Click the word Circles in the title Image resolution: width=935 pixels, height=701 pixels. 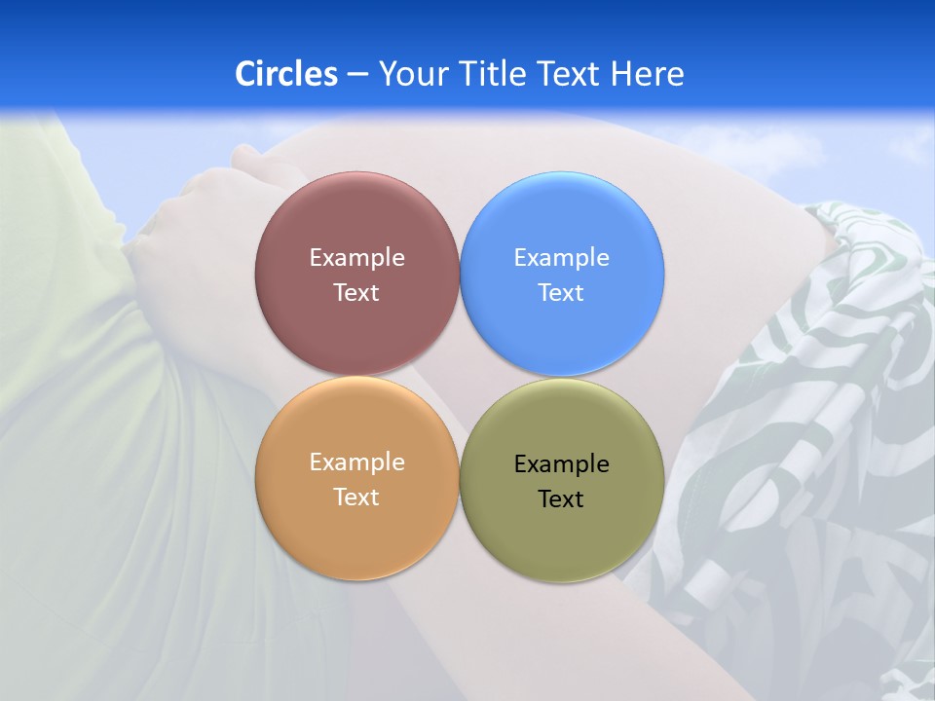pyautogui.click(x=285, y=74)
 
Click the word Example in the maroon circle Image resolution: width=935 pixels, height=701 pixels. pyautogui.click(x=356, y=258)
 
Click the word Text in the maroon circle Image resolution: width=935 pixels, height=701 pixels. pyautogui.click(x=356, y=292)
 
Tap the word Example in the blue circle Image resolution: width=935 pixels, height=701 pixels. pyautogui.click(x=561, y=258)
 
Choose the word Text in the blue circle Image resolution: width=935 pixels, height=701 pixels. pyautogui.click(x=561, y=292)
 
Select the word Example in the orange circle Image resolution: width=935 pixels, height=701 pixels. pyautogui.click(x=356, y=462)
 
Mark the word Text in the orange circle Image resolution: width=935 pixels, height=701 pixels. pyautogui.click(x=356, y=497)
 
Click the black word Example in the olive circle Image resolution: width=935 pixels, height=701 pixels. pyautogui.click(x=561, y=464)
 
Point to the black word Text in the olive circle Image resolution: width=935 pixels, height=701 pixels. pyautogui.click(x=561, y=498)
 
